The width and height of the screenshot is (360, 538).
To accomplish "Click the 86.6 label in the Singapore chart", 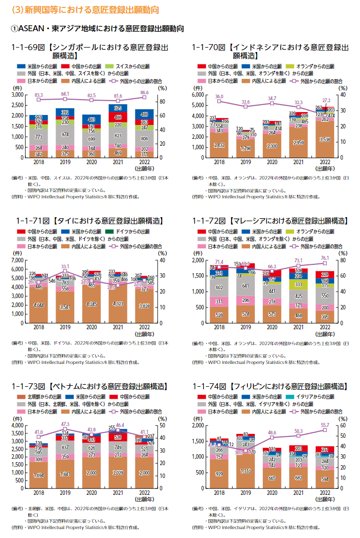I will click(144, 92).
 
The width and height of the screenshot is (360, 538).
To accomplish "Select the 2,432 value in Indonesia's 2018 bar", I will click(219, 145).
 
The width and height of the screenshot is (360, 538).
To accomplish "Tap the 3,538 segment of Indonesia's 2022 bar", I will click(325, 140).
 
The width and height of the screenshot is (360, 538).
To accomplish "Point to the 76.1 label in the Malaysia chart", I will click(325, 258).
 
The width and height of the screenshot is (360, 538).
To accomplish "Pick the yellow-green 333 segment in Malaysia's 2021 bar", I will click(299, 284).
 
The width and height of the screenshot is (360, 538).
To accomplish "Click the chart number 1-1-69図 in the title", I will click(30, 47).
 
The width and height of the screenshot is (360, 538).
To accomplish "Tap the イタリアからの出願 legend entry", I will click(314, 397).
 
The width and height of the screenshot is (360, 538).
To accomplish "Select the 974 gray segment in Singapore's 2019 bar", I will click(64, 134).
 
